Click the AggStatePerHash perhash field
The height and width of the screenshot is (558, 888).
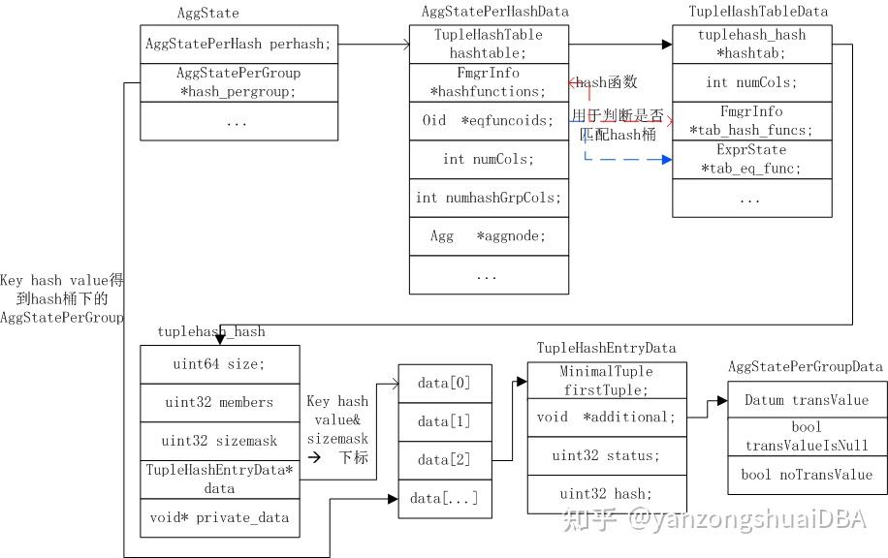pos(238,45)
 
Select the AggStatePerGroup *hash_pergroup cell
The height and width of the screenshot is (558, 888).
pos(238,82)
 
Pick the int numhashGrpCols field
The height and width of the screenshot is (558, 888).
pos(488,198)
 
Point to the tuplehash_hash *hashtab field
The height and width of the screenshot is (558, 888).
pos(751,45)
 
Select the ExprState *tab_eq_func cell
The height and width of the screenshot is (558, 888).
pos(751,160)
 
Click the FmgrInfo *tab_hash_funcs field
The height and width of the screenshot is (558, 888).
pos(751,121)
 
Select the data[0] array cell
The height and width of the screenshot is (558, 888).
pos(445,383)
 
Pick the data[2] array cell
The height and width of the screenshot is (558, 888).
pos(445,459)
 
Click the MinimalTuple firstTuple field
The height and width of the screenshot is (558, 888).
pos(607,379)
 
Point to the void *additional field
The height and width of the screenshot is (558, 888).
pos(607,418)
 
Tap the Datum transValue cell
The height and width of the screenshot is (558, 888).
pos(807,400)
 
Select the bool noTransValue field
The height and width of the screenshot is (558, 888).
pos(807,475)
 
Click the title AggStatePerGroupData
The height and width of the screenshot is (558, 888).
pos(805,366)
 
